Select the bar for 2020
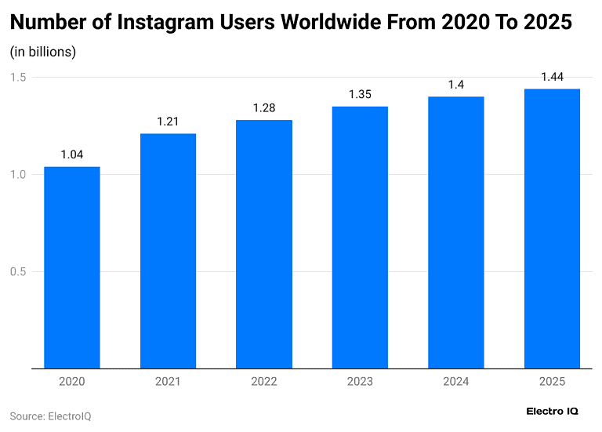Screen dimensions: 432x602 point(72,267)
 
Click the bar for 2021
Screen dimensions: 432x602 point(168,250)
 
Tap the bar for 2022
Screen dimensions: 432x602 point(264,243)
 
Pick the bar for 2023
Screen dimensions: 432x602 point(360,237)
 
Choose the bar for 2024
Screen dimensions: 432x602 point(455,232)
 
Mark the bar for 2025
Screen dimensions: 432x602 point(552,228)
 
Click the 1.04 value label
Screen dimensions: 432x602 point(72,154)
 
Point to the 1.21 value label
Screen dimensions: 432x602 point(168,122)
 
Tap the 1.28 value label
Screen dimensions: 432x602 point(264,108)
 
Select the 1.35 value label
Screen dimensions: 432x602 point(360,95)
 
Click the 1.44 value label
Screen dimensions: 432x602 point(552,77)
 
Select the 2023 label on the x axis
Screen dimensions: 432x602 point(360,382)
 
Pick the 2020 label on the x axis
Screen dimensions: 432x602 point(72,382)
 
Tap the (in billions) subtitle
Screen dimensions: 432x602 point(42,52)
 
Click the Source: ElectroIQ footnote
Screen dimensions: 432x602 point(50,416)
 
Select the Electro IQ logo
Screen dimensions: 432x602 point(552,411)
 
